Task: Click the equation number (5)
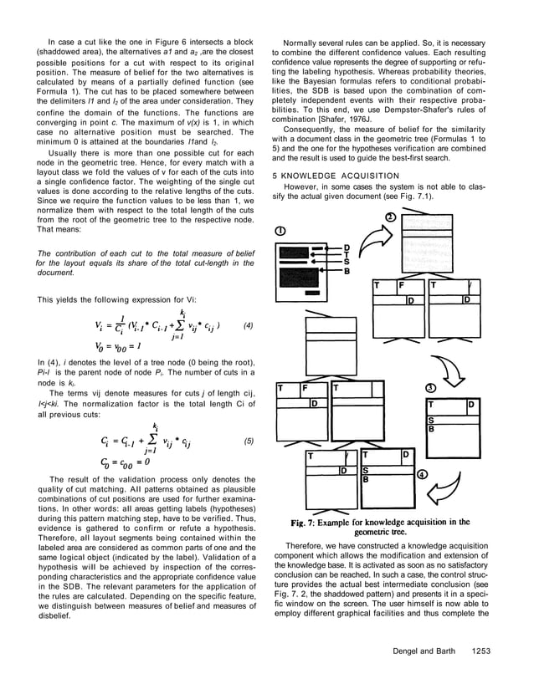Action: pyautogui.click(x=249, y=440)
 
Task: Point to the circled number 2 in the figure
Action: pyautogui.click(x=390, y=217)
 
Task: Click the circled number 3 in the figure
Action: pyautogui.click(x=430, y=388)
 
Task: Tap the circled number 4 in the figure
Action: pyautogui.click(x=422, y=473)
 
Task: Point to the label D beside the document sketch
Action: pyautogui.click(x=347, y=248)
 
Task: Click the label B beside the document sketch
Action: pyautogui.click(x=347, y=272)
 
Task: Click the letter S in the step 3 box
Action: pyautogui.click(x=431, y=420)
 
